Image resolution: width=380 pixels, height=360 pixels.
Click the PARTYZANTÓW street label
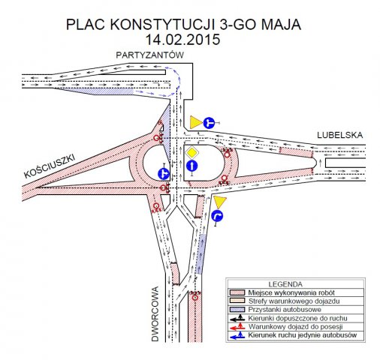(149, 55)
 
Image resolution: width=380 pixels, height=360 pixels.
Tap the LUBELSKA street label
(339, 135)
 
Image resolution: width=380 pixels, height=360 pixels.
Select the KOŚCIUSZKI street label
(50, 166)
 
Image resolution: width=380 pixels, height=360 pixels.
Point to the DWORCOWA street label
(155, 313)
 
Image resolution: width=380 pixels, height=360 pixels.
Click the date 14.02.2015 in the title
(182, 40)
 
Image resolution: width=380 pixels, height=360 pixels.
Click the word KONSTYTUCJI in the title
(162, 25)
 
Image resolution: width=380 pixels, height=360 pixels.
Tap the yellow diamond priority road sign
(192, 152)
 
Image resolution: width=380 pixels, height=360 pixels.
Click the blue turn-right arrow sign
(217, 216)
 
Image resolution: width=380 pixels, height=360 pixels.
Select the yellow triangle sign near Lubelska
(196, 122)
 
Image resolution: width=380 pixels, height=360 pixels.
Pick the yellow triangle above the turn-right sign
(219, 202)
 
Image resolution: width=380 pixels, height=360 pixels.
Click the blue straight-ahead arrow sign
(192, 166)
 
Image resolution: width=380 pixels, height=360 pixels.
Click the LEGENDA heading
(285, 284)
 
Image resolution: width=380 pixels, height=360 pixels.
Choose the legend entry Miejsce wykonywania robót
(291, 292)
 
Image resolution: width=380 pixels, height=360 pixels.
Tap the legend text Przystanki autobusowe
(285, 310)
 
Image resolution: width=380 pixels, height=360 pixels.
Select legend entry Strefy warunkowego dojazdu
(294, 301)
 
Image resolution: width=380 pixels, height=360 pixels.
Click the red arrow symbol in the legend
(237, 327)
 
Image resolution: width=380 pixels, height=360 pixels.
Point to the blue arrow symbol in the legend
(237, 336)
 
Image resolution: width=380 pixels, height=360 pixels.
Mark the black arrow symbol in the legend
(237, 319)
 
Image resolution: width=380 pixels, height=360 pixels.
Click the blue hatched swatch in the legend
(237, 310)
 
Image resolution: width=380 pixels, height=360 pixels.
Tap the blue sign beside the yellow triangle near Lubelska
(209, 123)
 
